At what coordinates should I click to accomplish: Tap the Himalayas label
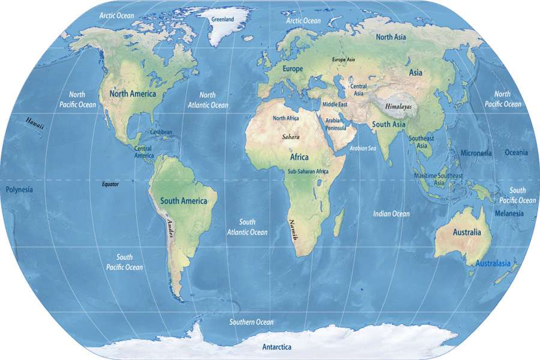399,106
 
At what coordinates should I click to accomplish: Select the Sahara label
290,137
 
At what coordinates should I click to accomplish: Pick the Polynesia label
19,190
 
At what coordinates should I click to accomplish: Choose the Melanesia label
509,214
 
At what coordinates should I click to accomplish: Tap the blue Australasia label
493,263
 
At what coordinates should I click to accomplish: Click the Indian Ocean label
391,214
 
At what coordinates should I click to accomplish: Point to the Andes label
170,229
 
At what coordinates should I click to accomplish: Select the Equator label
110,184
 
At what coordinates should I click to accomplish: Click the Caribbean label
161,132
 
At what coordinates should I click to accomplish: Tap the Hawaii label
34,122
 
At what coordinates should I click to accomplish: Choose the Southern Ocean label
251,322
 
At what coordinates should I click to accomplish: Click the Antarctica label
277,347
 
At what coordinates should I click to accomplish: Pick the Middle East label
335,104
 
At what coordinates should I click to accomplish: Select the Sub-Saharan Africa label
308,172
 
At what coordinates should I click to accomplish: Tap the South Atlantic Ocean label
247,227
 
